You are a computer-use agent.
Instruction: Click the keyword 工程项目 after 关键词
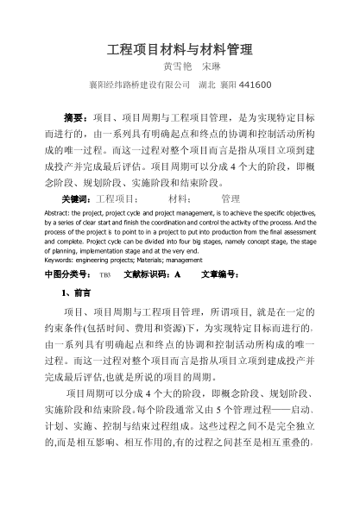110,198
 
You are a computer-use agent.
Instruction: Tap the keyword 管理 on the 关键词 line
231,198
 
